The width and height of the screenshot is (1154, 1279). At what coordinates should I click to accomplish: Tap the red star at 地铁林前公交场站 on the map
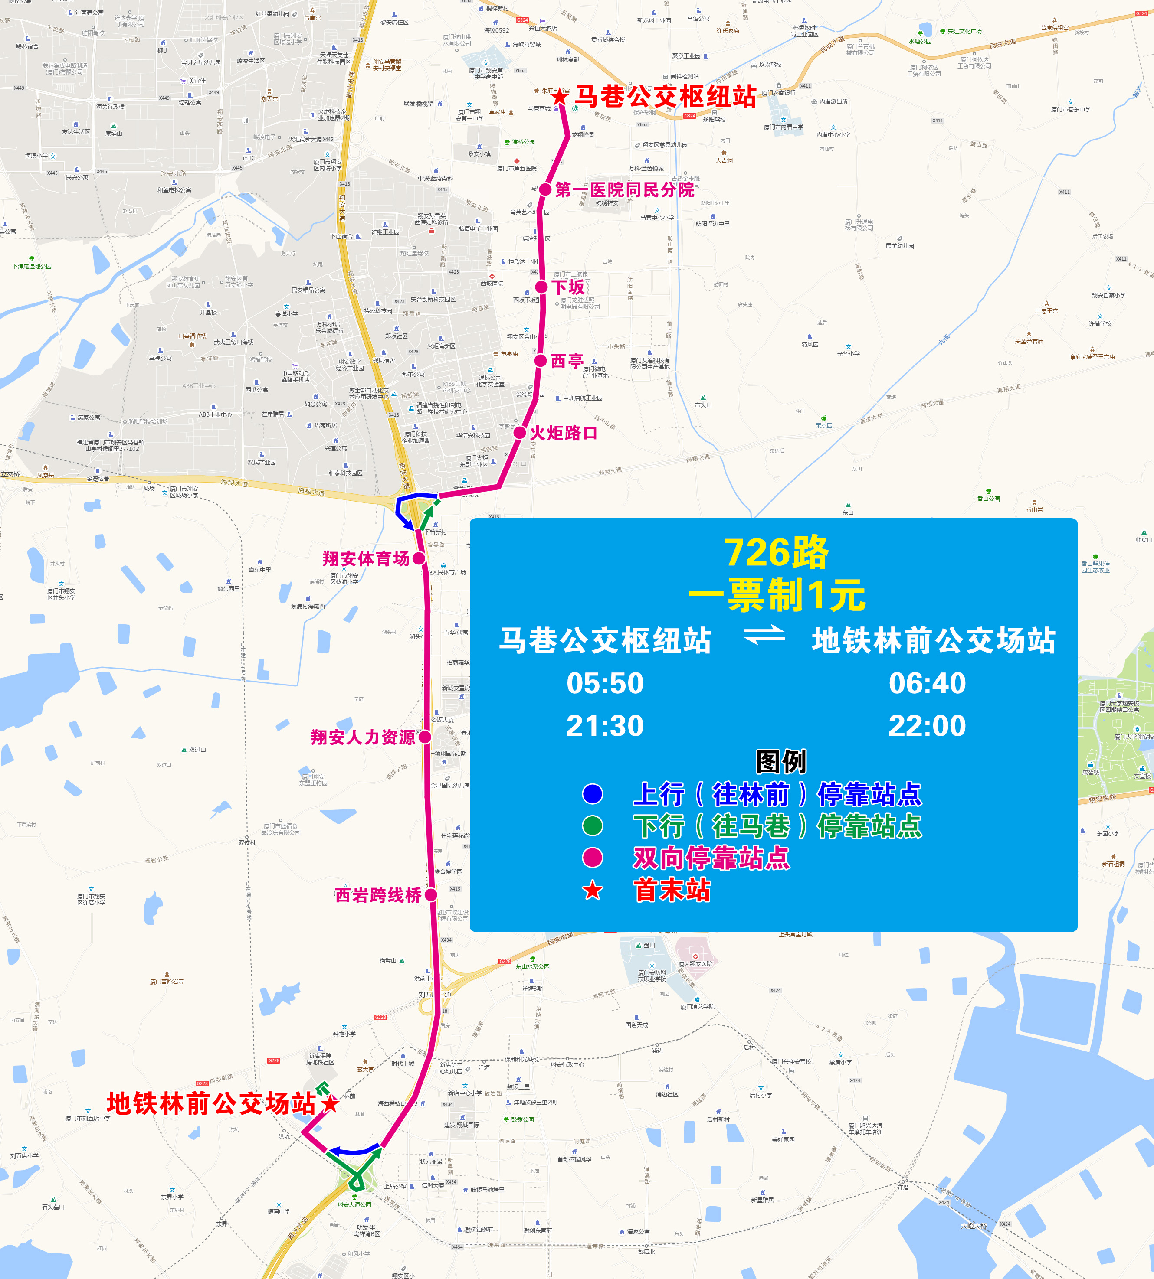pos(330,1103)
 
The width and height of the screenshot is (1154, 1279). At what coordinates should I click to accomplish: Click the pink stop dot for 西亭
pos(540,361)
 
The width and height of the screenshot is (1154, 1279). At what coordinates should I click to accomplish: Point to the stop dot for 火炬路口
pos(519,433)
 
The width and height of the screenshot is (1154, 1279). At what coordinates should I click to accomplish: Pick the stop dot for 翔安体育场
pos(419,558)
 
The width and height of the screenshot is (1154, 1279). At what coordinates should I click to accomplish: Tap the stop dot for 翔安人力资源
pos(425,737)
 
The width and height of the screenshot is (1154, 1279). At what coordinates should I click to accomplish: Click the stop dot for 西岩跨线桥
pos(430,895)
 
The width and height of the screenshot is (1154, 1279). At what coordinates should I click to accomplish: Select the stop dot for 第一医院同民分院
pos(545,189)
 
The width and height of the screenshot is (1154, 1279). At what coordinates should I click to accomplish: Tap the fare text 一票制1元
pos(777,596)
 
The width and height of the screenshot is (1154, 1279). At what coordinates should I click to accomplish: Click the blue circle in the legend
pos(593,793)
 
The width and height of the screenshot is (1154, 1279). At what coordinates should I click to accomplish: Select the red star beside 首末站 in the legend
pos(593,891)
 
